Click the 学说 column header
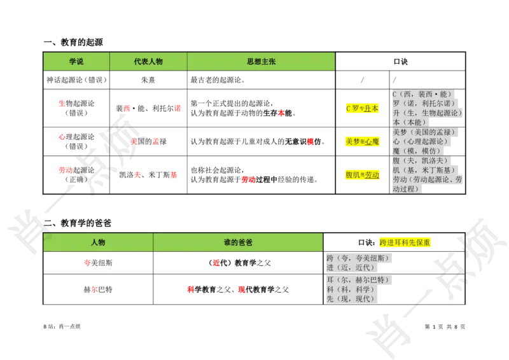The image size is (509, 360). tap(76, 62)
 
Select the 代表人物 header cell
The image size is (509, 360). tap(148, 62)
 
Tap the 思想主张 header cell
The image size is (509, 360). tap(261, 62)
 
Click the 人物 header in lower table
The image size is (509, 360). tap(98, 242)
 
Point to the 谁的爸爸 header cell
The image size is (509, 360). tap(238, 242)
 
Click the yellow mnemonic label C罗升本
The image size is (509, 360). tap(361, 109)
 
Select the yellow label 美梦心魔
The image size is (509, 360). tap(361, 141)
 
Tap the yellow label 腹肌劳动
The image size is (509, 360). tap(361, 175)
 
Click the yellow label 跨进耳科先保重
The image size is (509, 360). tap(405, 242)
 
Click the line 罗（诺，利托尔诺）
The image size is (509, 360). tap(424, 103)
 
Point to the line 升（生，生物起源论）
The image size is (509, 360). tap(427, 113)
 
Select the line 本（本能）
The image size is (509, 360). tap(410, 122)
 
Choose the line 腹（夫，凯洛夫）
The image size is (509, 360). tap(420, 161)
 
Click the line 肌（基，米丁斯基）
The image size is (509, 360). tap(424, 170)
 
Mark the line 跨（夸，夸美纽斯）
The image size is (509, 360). tap(359, 259)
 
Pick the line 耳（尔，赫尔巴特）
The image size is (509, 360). tap(359, 280)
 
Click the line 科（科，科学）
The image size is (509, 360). tap(353, 289)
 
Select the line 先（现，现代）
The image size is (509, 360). tap(353, 299)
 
